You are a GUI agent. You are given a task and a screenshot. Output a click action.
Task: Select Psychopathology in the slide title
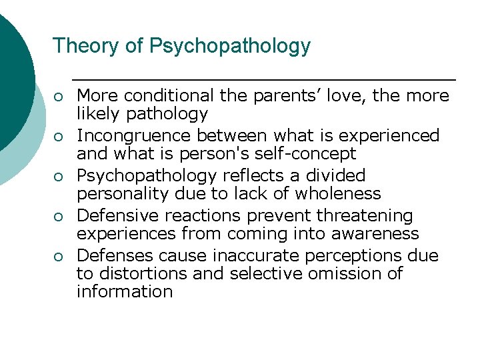(x=230, y=47)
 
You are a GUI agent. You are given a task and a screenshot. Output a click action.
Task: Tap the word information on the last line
(x=124, y=292)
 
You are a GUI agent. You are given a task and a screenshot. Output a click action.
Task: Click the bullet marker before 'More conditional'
(x=59, y=97)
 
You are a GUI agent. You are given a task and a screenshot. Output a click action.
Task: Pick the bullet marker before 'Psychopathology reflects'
(x=59, y=177)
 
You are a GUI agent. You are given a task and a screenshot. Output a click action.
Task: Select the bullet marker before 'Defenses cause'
(x=59, y=257)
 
